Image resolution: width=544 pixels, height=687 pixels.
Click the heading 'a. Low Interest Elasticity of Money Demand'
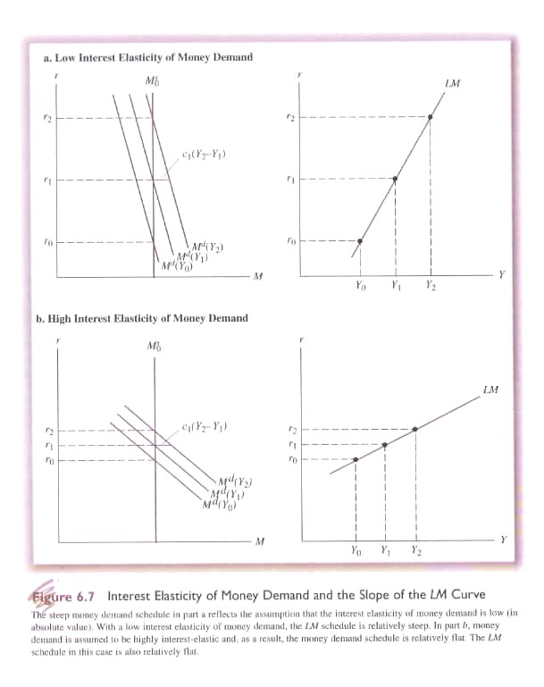click(147, 57)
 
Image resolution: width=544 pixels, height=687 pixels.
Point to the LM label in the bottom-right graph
click(490, 389)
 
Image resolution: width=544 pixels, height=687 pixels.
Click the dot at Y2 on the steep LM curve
click(431, 117)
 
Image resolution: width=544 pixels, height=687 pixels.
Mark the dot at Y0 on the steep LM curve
click(360, 241)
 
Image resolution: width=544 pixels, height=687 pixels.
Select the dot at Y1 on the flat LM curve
click(385, 445)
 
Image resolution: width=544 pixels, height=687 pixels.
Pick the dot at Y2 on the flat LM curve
click(416, 430)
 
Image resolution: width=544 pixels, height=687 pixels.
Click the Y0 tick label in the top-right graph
click(360, 288)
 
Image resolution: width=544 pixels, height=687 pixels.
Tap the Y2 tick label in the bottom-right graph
click(417, 551)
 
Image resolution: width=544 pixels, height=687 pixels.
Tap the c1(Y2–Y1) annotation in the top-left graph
click(203, 155)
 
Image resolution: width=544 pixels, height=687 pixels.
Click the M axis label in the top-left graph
click(257, 275)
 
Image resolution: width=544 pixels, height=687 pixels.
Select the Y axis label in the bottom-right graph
click(503, 539)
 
